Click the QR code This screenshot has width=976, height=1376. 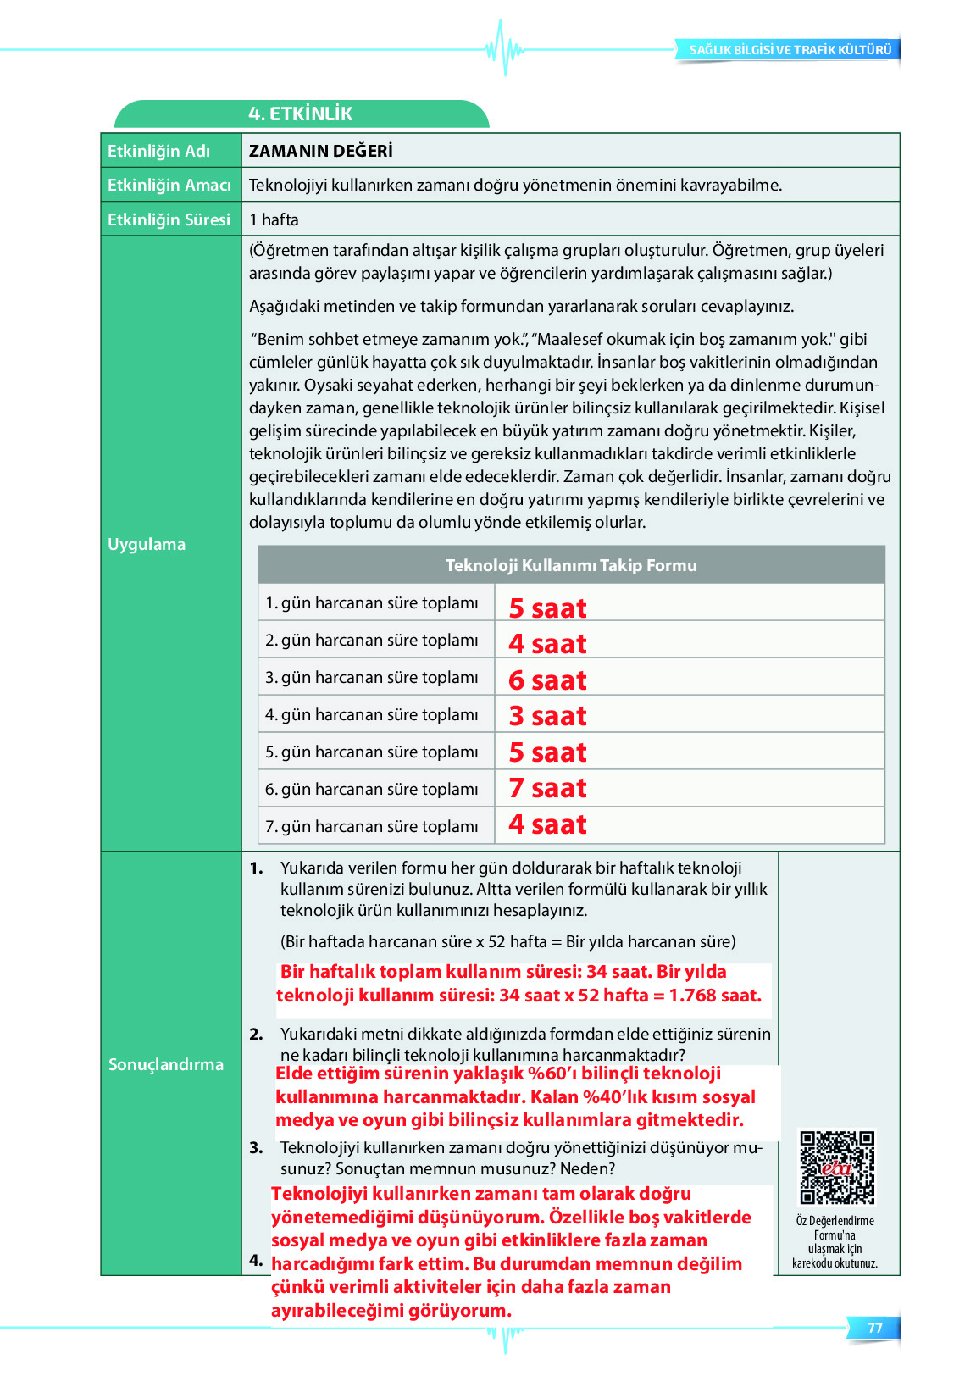point(836,1167)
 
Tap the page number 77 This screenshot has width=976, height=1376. point(874,1328)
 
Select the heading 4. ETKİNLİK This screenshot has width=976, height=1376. point(300,114)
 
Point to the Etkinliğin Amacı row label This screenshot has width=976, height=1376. point(169,185)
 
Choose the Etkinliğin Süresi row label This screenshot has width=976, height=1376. point(169,219)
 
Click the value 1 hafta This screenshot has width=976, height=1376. point(274,219)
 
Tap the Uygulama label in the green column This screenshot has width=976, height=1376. point(147,544)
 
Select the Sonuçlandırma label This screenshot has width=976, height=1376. point(166,1064)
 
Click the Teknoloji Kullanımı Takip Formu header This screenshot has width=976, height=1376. point(571,565)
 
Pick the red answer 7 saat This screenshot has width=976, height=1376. point(547,788)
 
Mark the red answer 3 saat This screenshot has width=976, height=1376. point(547,716)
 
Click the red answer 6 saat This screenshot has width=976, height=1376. point(547,680)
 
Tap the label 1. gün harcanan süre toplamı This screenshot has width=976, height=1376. point(372,602)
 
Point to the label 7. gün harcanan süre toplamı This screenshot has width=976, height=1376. point(372,826)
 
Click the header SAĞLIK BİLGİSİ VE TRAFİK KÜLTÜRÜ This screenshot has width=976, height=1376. point(790,50)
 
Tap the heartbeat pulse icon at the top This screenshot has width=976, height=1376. point(504,47)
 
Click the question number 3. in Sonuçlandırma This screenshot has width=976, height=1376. point(256,1148)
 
